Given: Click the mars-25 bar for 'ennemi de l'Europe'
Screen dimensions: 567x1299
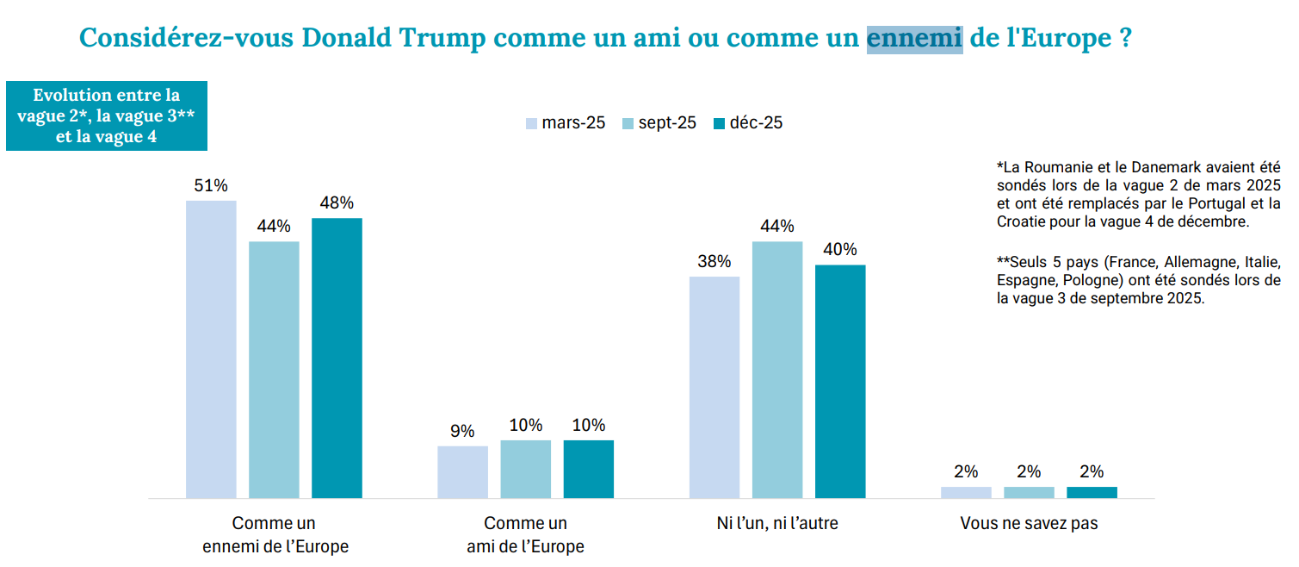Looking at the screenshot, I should point(211,349).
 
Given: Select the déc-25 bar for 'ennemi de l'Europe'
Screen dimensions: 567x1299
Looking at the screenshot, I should point(337,358).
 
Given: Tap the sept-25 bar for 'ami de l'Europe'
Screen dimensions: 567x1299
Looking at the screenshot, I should point(525,469).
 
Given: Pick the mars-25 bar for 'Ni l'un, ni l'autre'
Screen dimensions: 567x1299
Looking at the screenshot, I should point(714,387).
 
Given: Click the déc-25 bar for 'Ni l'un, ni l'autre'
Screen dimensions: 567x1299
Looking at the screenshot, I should point(840,381).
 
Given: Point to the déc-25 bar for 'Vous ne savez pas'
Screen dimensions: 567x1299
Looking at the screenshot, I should point(1092,492).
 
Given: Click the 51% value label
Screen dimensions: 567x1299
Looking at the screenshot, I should point(211,185).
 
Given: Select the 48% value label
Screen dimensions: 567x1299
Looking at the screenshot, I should point(337,203).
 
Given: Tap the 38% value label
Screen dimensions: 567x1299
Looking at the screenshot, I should point(714,261).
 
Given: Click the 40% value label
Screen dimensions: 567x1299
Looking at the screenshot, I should point(840,250).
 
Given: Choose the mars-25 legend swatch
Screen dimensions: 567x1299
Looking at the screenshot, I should point(531,123).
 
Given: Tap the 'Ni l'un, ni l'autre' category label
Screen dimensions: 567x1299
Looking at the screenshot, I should point(777,523).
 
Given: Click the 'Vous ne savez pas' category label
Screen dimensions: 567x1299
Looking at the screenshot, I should point(1029,523).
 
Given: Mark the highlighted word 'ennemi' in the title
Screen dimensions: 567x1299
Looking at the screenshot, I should point(914,39).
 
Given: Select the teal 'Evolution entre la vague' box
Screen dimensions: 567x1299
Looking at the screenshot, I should point(107,115).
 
